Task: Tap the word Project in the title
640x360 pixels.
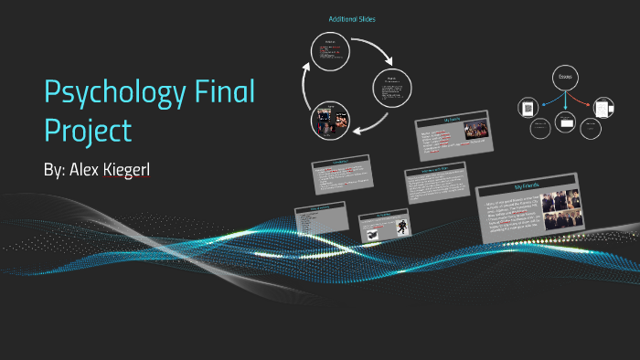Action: pyautogui.click(x=89, y=130)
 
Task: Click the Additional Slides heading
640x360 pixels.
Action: pyautogui.click(x=352, y=19)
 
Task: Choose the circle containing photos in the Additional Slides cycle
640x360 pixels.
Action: pyautogui.click(x=328, y=121)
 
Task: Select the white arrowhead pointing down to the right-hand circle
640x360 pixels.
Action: pyautogui.click(x=388, y=65)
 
